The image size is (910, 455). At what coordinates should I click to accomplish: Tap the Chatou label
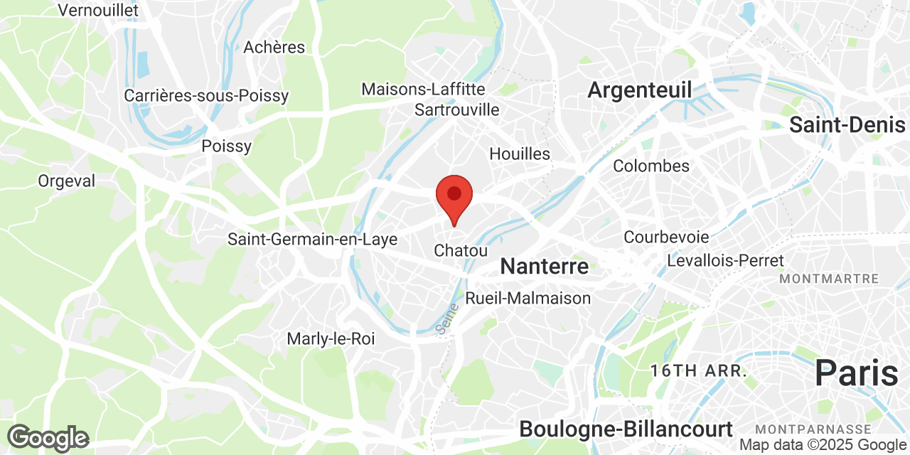tap(461, 251)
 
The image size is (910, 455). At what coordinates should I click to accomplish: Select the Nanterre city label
tap(545, 267)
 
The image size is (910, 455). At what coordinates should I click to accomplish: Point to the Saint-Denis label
tap(847, 125)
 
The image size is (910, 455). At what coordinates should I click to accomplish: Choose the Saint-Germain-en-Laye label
tap(312, 240)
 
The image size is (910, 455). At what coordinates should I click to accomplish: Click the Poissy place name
tap(227, 146)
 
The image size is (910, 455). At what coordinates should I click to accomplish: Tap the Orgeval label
tap(66, 181)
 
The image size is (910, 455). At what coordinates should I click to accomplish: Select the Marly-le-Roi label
tap(331, 339)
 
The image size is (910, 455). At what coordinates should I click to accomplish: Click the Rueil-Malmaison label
tap(528, 299)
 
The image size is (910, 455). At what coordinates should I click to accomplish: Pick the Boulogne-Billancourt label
tap(626, 429)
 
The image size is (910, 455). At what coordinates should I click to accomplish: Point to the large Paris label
tap(856, 373)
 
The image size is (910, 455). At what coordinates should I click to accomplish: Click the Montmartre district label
tap(829, 279)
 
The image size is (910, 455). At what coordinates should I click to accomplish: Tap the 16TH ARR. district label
tap(698, 370)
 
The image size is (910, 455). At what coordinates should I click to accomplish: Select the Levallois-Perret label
tap(725, 261)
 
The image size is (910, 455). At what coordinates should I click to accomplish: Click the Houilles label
tap(520, 154)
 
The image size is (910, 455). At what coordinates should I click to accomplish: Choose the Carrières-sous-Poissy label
tap(206, 95)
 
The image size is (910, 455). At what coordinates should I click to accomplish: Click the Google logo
tap(48, 438)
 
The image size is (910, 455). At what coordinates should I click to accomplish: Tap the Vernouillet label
tap(98, 10)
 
